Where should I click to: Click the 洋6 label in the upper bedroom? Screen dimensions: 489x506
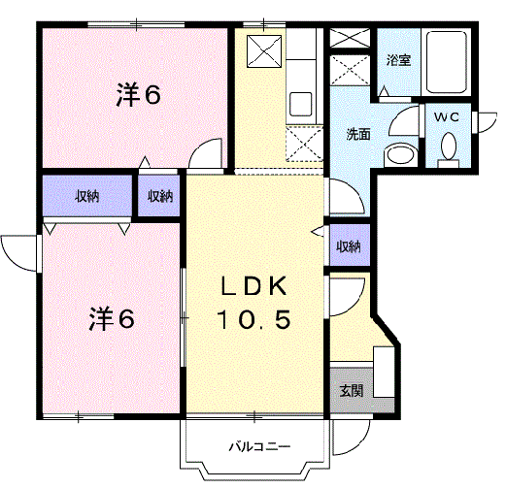pos(139,95)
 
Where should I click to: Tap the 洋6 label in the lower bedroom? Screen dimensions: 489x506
pos(113,317)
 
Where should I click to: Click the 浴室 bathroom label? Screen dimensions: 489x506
pos(397,60)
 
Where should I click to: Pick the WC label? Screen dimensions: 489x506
pos(446,116)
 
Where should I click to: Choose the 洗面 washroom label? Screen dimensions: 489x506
pos(357,135)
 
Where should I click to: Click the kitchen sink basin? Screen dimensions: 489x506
pos(299,102)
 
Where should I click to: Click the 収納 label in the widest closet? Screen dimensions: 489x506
pos(87,196)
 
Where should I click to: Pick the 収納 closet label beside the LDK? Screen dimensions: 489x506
pos(348,246)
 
